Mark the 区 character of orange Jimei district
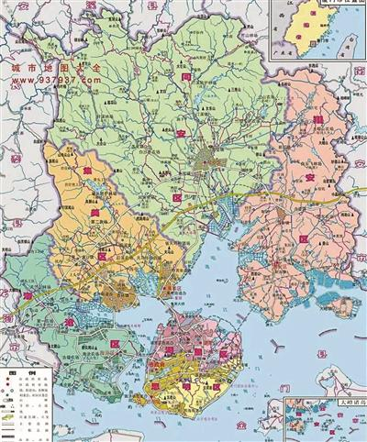click(x=104, y=257)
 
